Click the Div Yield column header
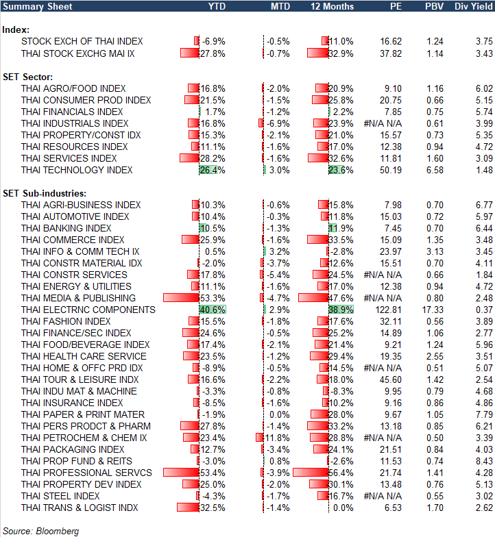[473, 6]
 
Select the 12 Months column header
[333, 6]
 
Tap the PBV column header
[435, 6]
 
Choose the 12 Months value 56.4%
[341, 473]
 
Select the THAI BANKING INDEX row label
[66, 228]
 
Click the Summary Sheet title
[32, 6]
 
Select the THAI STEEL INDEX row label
[60, 496]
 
